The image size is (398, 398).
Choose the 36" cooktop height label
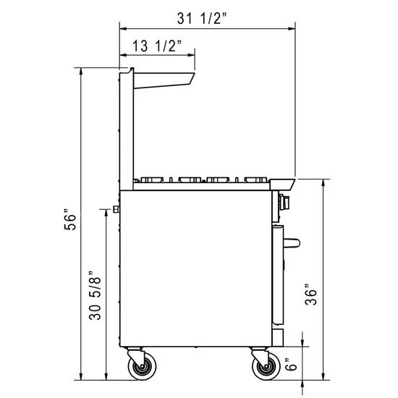(310, 295)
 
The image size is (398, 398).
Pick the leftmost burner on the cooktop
(151, 177)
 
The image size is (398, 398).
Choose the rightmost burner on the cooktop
(254, 177)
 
